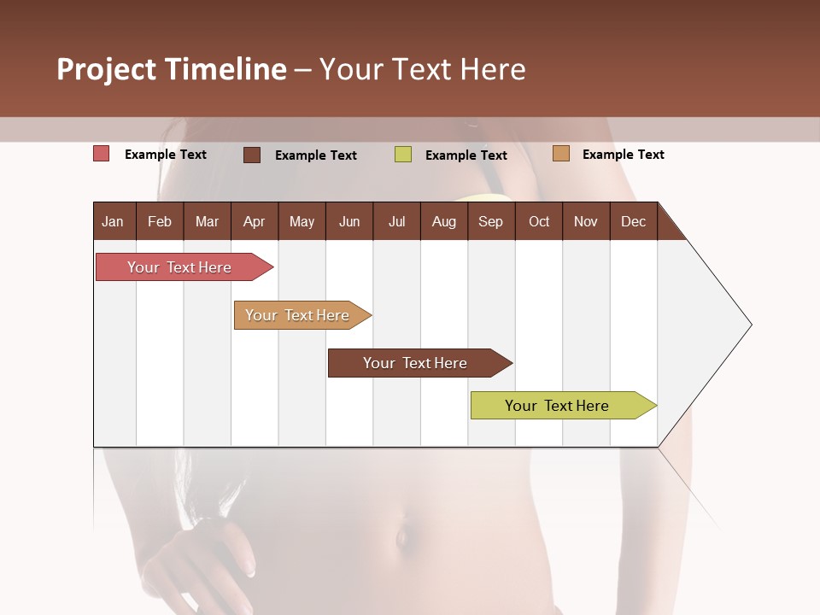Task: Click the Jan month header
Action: point(114,221)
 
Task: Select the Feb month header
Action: point(160,221)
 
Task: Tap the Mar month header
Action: point(207,221)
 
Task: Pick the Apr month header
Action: point(255,221)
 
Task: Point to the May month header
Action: point(302,221)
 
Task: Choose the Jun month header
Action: point(349,221)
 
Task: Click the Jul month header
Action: point(396,221)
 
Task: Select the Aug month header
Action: point(444,221)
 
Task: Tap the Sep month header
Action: point(491,221)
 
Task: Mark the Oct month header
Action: point(539,221)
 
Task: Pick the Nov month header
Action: point(586,221)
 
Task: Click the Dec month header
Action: point(634,221)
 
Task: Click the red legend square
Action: point(102,154)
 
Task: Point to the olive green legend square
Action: point(403,155)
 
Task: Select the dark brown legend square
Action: point(252,155)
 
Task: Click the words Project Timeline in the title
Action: point(172,69)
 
